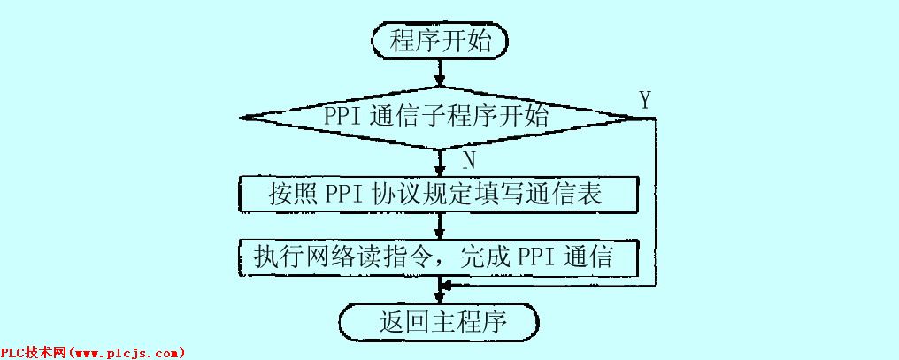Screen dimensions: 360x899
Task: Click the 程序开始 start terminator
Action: (440, 41)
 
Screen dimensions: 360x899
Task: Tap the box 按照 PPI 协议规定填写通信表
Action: (440, 194)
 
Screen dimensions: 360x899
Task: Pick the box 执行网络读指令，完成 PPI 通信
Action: (440, 257)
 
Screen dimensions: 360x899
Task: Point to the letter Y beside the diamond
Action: (645, 100)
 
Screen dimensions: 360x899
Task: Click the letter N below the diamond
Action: (469, 159)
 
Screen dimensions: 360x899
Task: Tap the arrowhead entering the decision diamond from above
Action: (440, 81)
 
